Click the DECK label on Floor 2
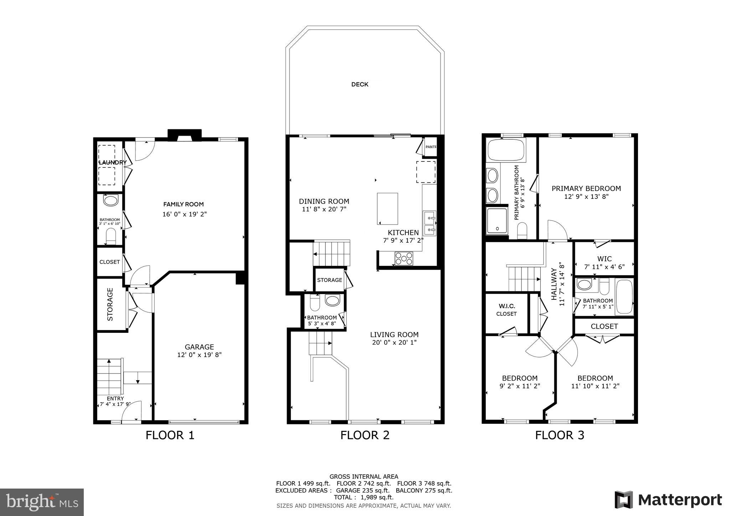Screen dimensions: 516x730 click(360, 84)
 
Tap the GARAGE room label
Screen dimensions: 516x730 click(199, 347)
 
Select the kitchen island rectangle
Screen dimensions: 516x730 click(387, 208)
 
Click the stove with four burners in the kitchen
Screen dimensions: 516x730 click(403, 258)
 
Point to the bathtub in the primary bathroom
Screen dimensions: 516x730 click(506, 150)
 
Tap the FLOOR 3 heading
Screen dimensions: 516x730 click(559, 435)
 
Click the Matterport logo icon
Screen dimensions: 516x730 click(623, 500)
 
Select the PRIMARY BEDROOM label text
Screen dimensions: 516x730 click(586, 189)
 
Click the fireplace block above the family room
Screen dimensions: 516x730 click(185, 135)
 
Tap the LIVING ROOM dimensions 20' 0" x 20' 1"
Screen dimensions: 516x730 click(394, 342)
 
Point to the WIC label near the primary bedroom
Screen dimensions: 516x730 click(604, 259)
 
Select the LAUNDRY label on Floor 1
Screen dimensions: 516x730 click(113, 162)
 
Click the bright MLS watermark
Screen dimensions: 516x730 click(42, 502)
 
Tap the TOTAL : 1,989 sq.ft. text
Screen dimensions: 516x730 click(364, 497)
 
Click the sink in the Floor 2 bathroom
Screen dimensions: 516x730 click(332, 300)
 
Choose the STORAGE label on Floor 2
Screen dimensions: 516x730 click(329, 280)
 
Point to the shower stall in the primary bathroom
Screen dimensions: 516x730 click(497, 221)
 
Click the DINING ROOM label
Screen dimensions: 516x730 click(324, 201)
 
